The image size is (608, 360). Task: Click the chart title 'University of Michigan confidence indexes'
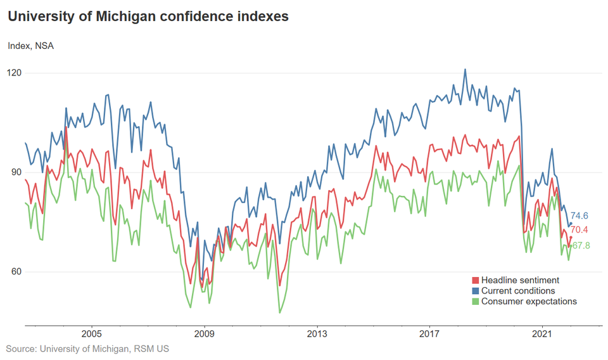(148, 17)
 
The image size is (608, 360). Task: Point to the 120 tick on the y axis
(14, 73)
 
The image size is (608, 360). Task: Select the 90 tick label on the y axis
(14, 172)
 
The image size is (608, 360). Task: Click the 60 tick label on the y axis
(14, 272)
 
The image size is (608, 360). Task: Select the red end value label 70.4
(580, 230)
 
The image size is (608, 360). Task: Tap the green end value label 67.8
(581, 245)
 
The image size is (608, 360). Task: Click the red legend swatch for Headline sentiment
(476, 280)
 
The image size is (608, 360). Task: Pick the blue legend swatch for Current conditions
(476, 291)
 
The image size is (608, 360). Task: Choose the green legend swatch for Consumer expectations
(476, 302)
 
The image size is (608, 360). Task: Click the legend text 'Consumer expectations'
(529, 302)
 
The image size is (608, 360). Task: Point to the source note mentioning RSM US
(87, 349)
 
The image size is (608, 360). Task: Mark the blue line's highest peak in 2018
(465, 70)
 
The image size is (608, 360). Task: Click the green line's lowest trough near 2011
(279, 312)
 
